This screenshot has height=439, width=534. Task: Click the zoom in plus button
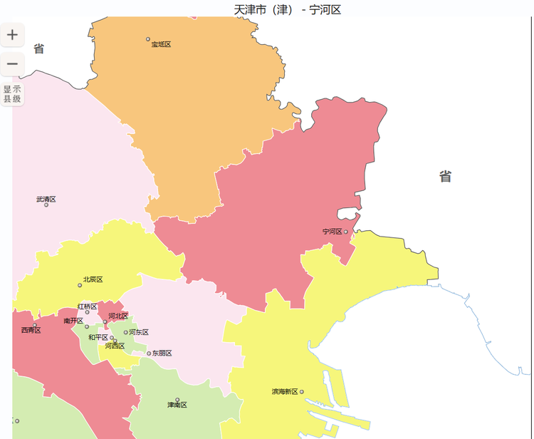pyautogui.click(x=12, y=34)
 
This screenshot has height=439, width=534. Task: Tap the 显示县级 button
pyautogui.click(x=12, y=94)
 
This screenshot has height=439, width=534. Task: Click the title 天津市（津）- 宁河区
pyautogui.click(x=288, y=9)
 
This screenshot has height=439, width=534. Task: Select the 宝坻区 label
pyautogui.click(x=161, y=44)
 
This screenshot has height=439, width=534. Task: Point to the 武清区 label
pyautogui.click(x=46, y=199)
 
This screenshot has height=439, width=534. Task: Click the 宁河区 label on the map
pyautogui.click(x=332, y=232)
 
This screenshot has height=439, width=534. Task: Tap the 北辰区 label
pyautogui.click(x=93, y=279)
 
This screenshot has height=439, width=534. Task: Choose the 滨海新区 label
pyautogui.click(x=285, y=392)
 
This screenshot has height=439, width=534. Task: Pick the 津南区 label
pyautogui.click(x=177, y=405)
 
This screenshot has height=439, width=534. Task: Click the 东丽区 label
pyautogui.click(x=162, y=353)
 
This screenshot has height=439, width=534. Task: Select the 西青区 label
pyautogui.click(x=31, y=330)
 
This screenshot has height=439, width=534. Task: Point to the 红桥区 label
pyautogui.click(x=87, y=306)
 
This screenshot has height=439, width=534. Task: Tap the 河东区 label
pyautogui.click(x=139, y=332)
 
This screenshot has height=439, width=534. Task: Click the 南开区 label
pyautogui.click(x=73, y=321)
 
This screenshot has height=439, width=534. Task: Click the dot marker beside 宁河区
pyautogui.click(x=346, y=232)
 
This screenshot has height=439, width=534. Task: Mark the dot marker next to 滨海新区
pyautogui.click(x=302, y=392)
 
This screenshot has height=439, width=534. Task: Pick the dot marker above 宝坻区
pyautogui.click(x=148, y=39)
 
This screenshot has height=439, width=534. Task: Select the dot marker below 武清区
pyautogui.click(x=46, y=205)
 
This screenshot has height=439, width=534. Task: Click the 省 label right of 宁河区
pyautogui.click(x=445, y=177)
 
